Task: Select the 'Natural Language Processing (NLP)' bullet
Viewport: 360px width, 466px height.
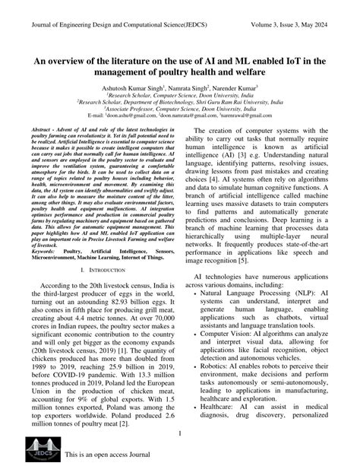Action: coord(251,291)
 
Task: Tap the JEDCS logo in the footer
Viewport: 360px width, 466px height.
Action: coord(36,449)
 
